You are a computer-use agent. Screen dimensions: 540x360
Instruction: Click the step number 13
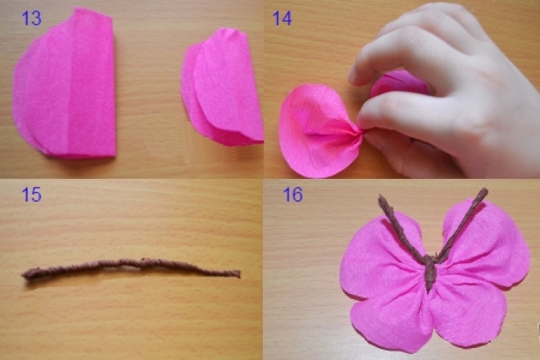[x=31, y=18]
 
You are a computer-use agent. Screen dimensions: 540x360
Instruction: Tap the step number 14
[x=282, y=18]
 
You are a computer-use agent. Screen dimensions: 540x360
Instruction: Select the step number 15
[x=31, y=195]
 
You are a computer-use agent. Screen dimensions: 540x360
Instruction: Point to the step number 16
[x=293, y=195]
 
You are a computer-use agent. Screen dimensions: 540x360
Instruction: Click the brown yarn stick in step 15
[x=131, y=269]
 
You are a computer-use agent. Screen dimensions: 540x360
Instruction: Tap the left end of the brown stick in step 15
[x=23, y=274]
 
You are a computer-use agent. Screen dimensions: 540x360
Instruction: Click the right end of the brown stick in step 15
[x=239, y=274]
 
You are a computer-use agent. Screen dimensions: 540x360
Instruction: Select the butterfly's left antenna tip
[x=381, y=197]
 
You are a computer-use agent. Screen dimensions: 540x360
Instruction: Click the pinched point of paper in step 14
[x=361, y=131]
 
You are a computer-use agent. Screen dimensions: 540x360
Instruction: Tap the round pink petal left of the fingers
[x=315, y=131]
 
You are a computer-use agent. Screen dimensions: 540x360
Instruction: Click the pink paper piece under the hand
[x=399, y=84]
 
